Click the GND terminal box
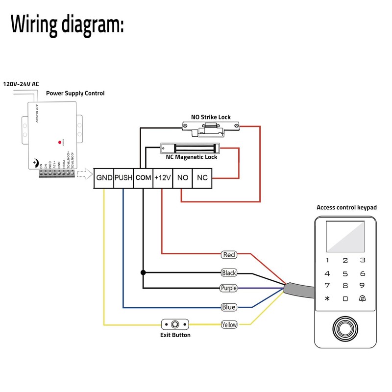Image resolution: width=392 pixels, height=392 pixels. pos(104,178)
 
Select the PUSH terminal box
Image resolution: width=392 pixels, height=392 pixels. pos(123,178)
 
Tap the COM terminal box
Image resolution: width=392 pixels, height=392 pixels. pos(143,178)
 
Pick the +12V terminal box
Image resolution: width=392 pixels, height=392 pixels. pos(162,178)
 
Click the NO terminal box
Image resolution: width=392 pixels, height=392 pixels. pos(182,178)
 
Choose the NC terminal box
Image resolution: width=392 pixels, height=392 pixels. pos(202,178)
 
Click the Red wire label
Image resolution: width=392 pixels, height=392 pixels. pos(229,255)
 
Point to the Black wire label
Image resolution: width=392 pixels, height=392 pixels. pos(229,272)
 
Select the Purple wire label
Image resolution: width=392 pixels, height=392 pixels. pos(228,288)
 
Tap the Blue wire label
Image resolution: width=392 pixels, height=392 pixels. pos(229,307)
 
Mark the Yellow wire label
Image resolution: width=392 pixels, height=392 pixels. pos(229,324)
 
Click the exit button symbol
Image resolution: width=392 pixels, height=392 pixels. pos(175,324)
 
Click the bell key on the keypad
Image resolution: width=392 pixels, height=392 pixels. pos(362,298)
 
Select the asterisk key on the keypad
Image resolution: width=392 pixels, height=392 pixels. pos(327,298)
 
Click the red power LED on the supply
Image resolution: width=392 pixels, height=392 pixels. pos(60,140)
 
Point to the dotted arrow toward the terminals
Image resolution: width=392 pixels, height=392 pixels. pos(84,173)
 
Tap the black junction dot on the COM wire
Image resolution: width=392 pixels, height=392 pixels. pos(143,272)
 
